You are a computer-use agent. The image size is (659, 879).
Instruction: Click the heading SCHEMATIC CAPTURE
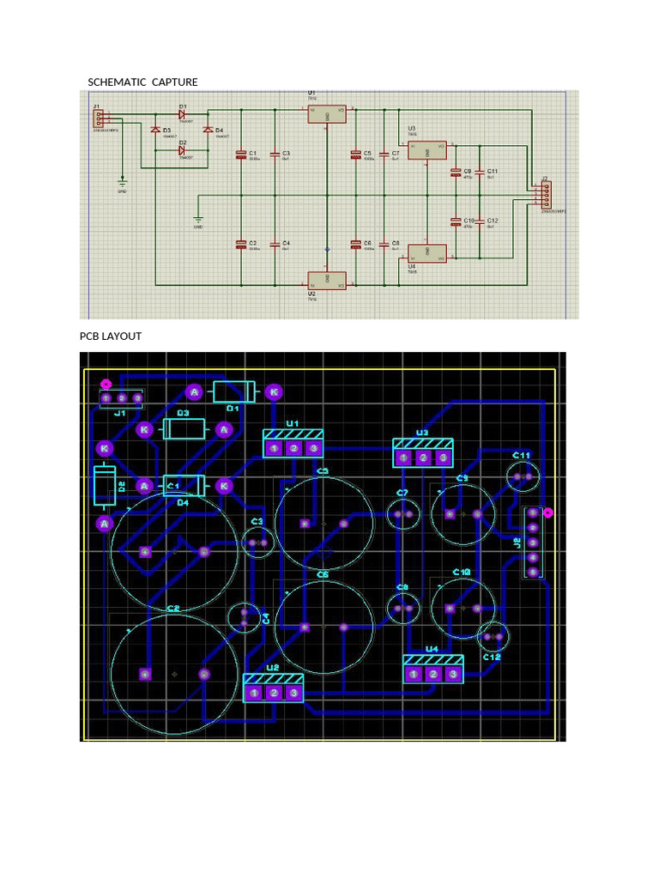142,82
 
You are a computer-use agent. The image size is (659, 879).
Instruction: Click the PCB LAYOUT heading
111,336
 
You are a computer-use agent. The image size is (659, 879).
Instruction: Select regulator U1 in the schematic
327,114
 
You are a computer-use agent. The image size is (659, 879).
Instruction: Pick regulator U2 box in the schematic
327,281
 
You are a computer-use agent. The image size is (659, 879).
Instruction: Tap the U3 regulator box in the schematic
426,151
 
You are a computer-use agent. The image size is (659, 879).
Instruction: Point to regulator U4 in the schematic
426,253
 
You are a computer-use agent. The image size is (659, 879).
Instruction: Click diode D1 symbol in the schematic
183,114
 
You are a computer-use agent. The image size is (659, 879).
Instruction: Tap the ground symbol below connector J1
122,183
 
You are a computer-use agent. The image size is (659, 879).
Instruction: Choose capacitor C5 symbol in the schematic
355,156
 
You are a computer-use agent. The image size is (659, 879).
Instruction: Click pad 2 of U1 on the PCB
294,448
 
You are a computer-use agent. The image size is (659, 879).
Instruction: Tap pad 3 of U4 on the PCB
453,675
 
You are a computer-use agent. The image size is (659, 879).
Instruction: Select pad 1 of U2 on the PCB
255,693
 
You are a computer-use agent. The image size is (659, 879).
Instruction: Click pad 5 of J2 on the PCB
533,573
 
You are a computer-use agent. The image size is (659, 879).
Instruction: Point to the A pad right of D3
225,429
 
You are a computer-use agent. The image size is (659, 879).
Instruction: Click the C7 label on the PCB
402,493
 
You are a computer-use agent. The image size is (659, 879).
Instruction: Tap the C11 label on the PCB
522,455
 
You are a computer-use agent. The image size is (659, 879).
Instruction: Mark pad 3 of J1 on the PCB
137,398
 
